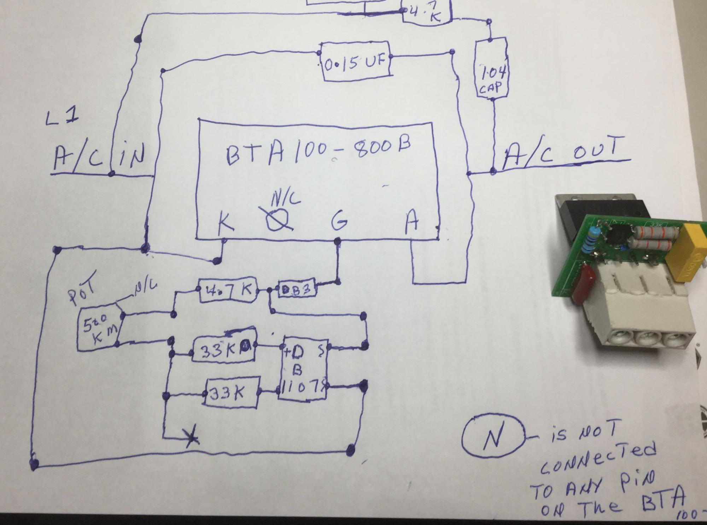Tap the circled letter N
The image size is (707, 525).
click(x=492, y=437)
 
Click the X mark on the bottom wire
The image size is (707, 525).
click(x=191, y=439)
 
